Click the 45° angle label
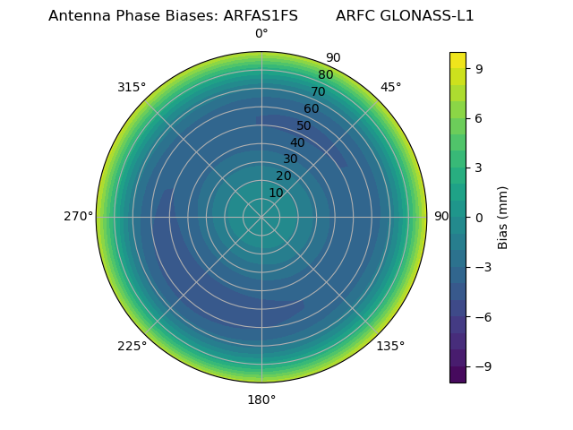pos(390,87)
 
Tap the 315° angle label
pos(132,87)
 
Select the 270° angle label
pos(78,217)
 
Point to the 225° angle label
pos(132,347)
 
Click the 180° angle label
pos(261,400)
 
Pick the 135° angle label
pos(390,347)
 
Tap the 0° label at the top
pos(261,34)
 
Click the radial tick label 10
pos(276,193)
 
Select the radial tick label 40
pos(297,143)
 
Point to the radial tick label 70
pos(318,91)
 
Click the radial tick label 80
pos(325,75)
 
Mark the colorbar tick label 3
pos(478,168)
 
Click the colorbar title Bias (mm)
pos(503,217)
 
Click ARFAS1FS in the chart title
pos(261,16)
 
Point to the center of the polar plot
pos(261,217)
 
